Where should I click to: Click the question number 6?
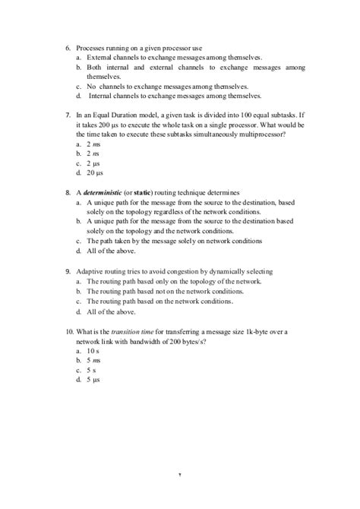pos(68,48)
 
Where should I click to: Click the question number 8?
pos(68,193)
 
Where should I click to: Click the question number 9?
pos(68,271)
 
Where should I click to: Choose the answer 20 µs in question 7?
pos(96,172)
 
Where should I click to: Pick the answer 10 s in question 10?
pos(93,351)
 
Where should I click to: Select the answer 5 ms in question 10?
pos(94,360)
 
